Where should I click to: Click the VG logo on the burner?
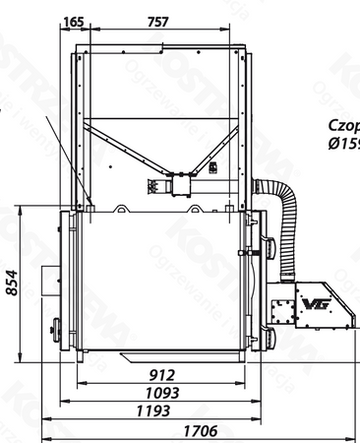(x=316, y=304)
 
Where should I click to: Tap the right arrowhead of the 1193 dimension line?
(x=268, y=419)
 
